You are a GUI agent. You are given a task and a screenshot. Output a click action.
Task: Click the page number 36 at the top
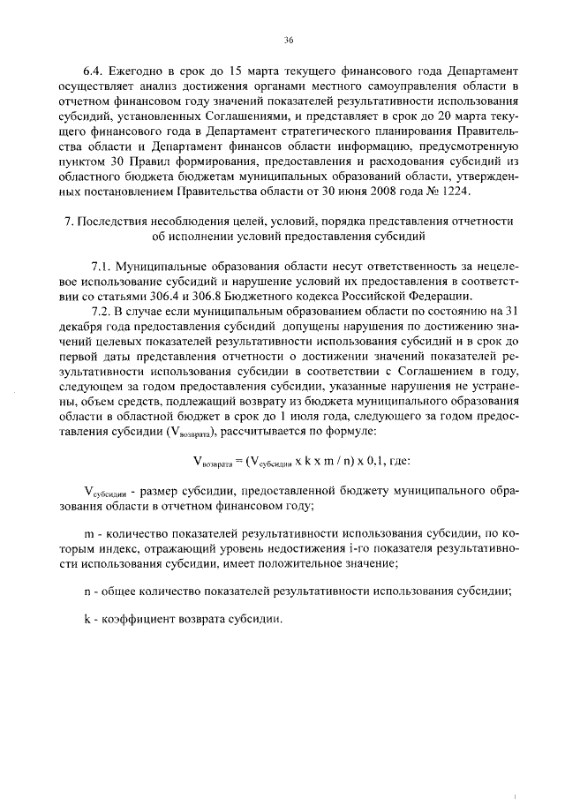coord(288,40)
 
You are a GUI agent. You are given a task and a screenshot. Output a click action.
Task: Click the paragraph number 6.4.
coord(94,69)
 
